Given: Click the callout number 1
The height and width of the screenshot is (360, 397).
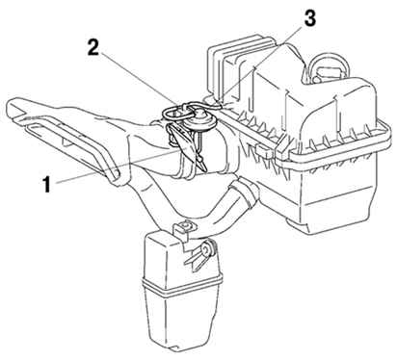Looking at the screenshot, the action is (x=47, y=185).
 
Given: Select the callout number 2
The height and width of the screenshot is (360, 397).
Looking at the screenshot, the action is (x=93, y=48).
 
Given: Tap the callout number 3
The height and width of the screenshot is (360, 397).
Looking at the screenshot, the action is (x=309, y=18).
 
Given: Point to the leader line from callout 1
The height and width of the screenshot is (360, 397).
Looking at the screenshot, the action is (x=116, y=167).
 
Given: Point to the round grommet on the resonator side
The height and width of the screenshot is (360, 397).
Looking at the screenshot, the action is (x=206, y=248).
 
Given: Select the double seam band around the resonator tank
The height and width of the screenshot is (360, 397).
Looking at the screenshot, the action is (x=182, y=284).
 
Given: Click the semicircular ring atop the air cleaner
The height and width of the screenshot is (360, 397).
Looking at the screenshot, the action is (x=329, y=66).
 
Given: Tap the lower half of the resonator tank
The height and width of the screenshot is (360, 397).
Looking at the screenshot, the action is (x=182, y=321).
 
